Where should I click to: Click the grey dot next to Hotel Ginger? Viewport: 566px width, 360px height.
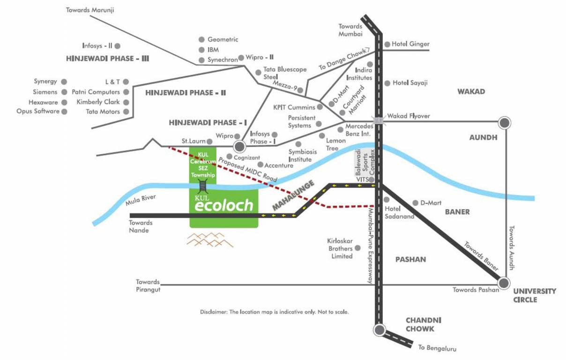tap(387, 45)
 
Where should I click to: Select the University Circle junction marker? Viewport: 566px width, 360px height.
tap(504, 283)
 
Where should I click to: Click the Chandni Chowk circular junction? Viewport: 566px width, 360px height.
tap(379, 330)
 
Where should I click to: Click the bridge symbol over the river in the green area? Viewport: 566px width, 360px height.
tap(202, 186)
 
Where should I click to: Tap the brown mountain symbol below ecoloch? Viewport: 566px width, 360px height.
tap(210, 239)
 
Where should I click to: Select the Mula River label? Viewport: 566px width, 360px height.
tap(141, 201)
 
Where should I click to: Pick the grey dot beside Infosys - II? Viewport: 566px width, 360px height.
tap(118, 46)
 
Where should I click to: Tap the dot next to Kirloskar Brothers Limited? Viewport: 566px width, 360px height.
tap(358, 248)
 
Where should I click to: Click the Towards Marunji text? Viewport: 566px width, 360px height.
tap(90, 9)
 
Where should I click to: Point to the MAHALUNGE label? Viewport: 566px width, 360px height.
tap(293, 195)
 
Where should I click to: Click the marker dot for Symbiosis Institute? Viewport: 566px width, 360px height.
tap(298, 144)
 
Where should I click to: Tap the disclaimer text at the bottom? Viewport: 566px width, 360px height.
tap(274, 312)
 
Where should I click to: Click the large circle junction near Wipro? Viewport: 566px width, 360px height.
tap(240, 147)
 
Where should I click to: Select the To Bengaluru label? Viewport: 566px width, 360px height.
tap(437, 348)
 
